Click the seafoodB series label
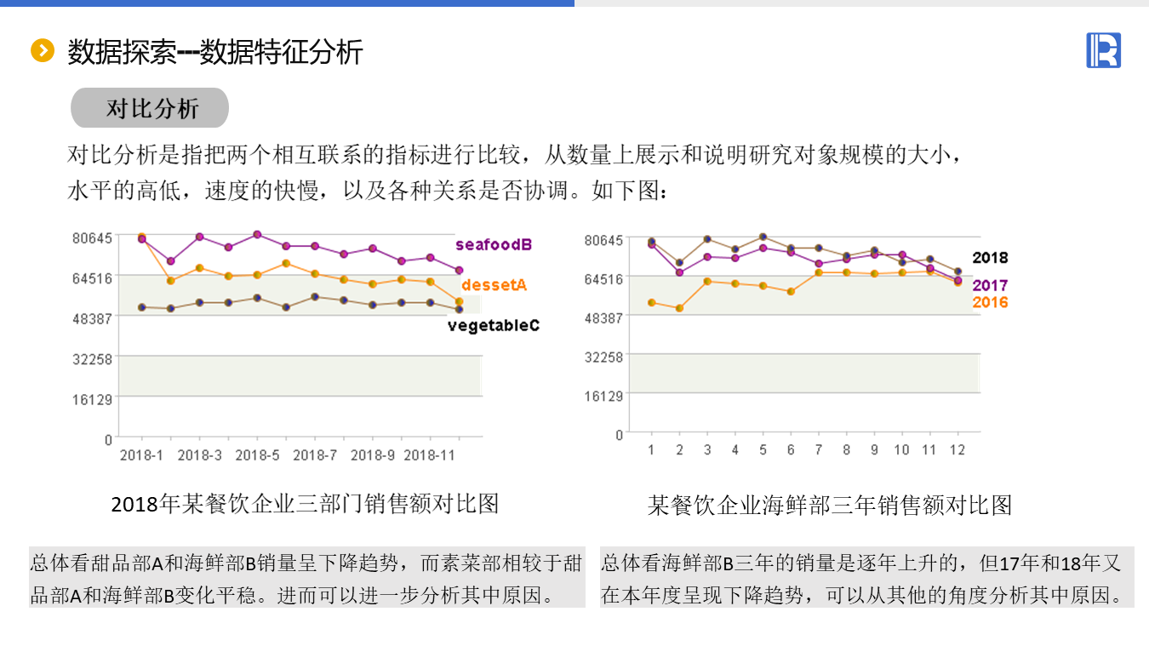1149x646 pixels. [494, 245]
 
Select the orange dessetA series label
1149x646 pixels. [494, 285]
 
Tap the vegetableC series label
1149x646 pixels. [494, 325]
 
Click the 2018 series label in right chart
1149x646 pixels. [990, 258]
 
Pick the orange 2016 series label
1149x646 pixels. [990, 302]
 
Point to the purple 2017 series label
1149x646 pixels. [990, 286]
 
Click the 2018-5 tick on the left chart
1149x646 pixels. [257, 455]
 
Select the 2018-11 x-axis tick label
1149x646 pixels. [429, 455]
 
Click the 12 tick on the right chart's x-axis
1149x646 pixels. [957, 450]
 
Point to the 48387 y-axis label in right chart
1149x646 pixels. [604, 317]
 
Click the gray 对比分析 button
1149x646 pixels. [150, 108]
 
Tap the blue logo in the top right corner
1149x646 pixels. [1103, 50]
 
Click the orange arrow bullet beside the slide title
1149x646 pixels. [42, 51]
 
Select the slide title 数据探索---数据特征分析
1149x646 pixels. [215, 52]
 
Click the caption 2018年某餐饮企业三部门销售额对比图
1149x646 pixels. [305, 504]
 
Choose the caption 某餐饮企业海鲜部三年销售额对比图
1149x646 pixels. [830, 506]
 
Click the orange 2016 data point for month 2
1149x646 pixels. [679, 308]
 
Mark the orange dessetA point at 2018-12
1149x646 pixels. [459, 301]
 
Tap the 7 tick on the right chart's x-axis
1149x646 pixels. [819, 450]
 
